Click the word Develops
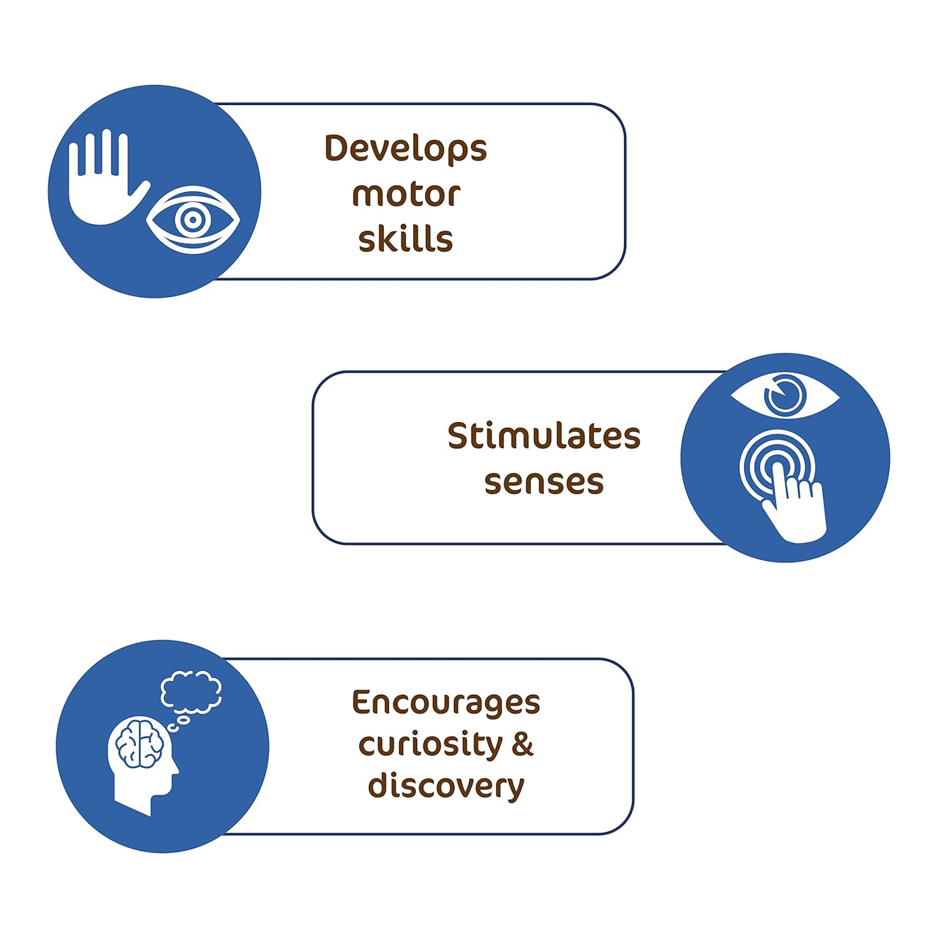click(405, 149)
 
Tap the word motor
click(406, 194)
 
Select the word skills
click(405, 238)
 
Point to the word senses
click(544, 482)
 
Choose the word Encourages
click(446, 703)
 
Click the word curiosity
click(431, 745)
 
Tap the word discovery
click(446, 786)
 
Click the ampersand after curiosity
click(523, 744)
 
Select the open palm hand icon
click(103, 181)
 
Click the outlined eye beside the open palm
click(193, 219)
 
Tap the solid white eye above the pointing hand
click(785, 395)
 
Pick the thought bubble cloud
click(191, 694)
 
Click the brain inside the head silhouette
click(140, 744)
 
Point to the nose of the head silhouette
click(176, 769)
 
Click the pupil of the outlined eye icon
click(193, 219)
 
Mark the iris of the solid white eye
click(785, 395)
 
